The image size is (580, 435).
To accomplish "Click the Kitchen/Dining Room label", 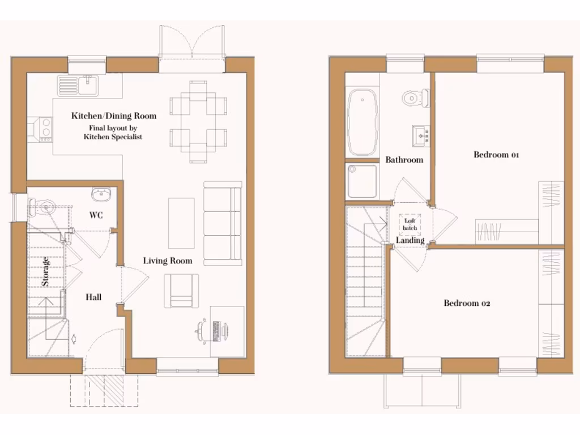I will click(x=113, y=116).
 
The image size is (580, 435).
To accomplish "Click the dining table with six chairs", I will click(x=198, y=121).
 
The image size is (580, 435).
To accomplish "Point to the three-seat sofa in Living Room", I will click(x=222, y=223).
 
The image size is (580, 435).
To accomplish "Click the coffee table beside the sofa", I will click(x=181, y=223).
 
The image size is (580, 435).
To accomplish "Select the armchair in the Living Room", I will click(x=181, y=291).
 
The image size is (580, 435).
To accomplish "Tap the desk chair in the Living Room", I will click(x=202, y=331).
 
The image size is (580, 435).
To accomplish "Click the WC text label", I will click(x=95, y=215).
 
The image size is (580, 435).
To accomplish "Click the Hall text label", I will click(x=93, y=297).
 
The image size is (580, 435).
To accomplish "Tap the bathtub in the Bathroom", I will click(x=362, y=122).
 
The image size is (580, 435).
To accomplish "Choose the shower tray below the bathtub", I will click(x=362, y=181).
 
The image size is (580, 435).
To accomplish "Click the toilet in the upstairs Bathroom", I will click(x=416, y=98).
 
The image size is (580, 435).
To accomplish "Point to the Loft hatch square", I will click(x=410, y=224).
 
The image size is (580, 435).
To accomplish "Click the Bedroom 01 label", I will click(x=496, y=155).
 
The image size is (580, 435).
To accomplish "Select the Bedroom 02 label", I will click(x=467, y=303).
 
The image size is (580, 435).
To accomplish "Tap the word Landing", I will click(x=410, y=241).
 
